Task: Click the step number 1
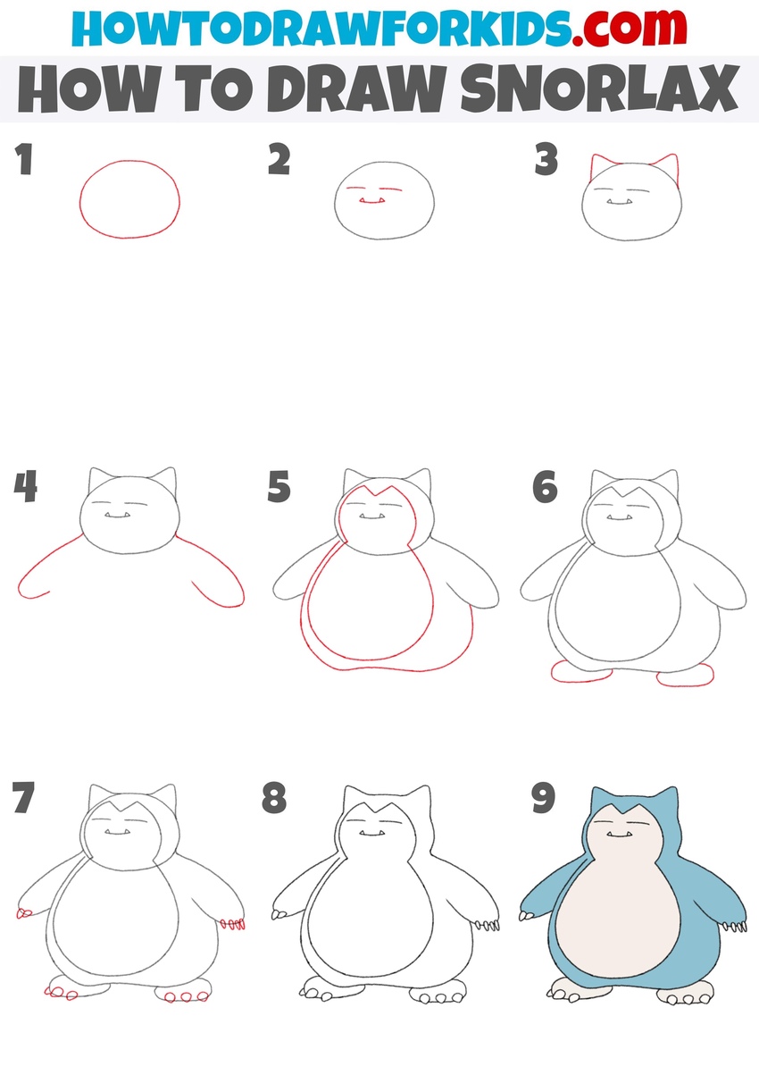point(24,161)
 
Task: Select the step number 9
point(544,798)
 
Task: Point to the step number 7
point(25,798)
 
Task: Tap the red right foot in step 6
point(686,677)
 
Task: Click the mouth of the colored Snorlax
point(619,835)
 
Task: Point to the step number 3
point(546,161)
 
